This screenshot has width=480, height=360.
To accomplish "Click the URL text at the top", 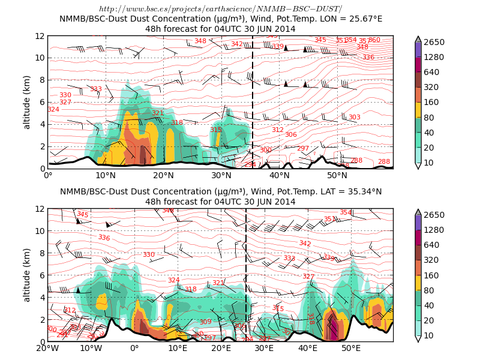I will (x=221, y=9).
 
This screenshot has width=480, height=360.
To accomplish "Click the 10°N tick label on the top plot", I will (x=106, y=175).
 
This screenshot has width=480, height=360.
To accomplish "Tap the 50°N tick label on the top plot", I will (x=337, y=175).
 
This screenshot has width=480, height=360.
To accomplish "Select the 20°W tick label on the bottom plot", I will (x=48, y=348).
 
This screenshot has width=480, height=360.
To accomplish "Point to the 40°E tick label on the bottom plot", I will (x=308, y=348).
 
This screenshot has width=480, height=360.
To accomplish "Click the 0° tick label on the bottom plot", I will (x=134, y=348).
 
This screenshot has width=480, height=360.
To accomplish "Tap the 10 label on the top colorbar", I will (x=433, y=163).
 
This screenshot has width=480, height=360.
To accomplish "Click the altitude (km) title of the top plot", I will (x=27, y=102).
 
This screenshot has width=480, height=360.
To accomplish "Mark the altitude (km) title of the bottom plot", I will (x=27, y=275).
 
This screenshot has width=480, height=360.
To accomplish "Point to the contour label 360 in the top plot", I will (x=374, y=40).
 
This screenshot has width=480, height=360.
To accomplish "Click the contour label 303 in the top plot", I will (x=354, y=118).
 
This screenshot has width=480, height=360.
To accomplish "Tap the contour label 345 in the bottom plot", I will (x=82, y=214).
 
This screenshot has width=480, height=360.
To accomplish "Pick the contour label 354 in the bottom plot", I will (x=346, y=212).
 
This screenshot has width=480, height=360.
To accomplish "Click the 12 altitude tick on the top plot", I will (x=40, y=36).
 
